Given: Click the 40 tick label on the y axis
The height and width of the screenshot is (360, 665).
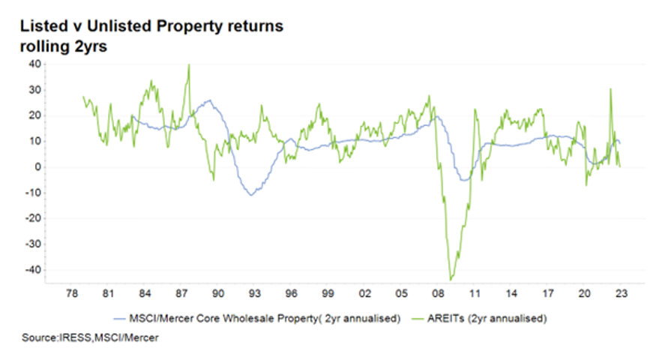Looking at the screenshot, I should pyautogui.click(x=34, y=64).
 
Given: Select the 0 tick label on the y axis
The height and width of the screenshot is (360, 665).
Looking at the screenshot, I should pyautogui.click(x=37, y=167).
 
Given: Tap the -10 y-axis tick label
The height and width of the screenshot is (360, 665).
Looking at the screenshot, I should pyautogui.click(x=32, y=193).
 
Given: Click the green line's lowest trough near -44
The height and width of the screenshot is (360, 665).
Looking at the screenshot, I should pyautogui.click(x=451, y=280).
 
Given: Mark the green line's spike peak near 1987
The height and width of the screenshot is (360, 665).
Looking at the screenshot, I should pyautogui.click(x=188, y=65).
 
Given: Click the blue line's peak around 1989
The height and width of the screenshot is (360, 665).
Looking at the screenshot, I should pyautogui.click(x=208, y=100).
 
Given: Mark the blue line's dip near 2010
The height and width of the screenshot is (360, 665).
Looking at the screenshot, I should pyautogui.click(x=465, y=180).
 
